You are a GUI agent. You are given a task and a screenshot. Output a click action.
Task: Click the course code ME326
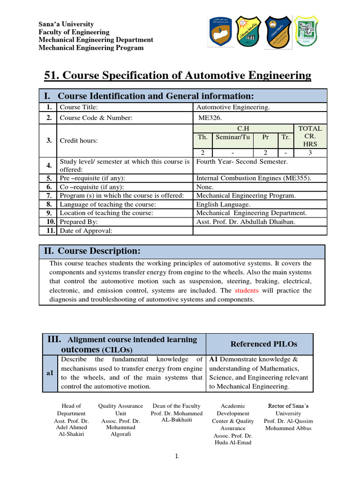coord(209,118)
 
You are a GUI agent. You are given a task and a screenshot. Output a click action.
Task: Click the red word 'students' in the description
coord(247,291)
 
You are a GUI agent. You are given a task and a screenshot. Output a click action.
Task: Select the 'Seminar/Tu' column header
coord(232,137)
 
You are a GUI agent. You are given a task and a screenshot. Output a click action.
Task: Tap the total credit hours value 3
coord(310,153)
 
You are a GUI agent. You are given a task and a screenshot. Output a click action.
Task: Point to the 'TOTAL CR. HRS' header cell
coord(310,136)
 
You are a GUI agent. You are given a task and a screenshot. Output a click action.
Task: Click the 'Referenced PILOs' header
coord(264,344)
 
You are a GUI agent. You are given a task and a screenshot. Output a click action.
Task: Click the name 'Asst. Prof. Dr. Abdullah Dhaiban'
coord(246,222)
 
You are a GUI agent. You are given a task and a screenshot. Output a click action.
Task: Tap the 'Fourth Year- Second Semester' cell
coord(242,162)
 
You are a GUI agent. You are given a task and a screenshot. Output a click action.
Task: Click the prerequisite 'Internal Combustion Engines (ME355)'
coord(254,178)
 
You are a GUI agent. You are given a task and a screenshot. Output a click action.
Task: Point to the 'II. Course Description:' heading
coord(92,252)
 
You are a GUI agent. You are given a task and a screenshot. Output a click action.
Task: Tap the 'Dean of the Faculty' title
coord(177,406)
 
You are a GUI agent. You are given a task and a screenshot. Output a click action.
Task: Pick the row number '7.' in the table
coord(49,195)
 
